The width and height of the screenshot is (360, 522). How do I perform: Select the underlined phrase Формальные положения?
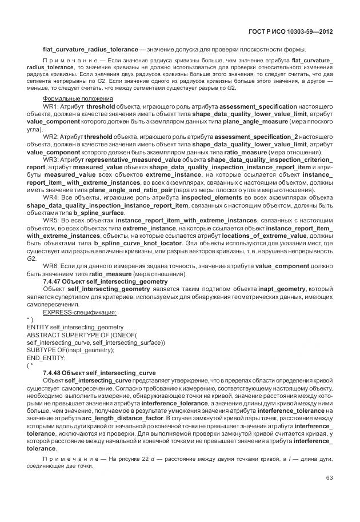pyautogui.click(x=70, y=99)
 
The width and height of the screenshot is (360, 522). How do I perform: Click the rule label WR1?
pyautogui.click(x=51, y=106)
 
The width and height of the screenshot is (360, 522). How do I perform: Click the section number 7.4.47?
pyautogui.click(x=54, y=281)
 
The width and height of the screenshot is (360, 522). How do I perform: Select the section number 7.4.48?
pyautogui.click(x=54, y=372)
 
